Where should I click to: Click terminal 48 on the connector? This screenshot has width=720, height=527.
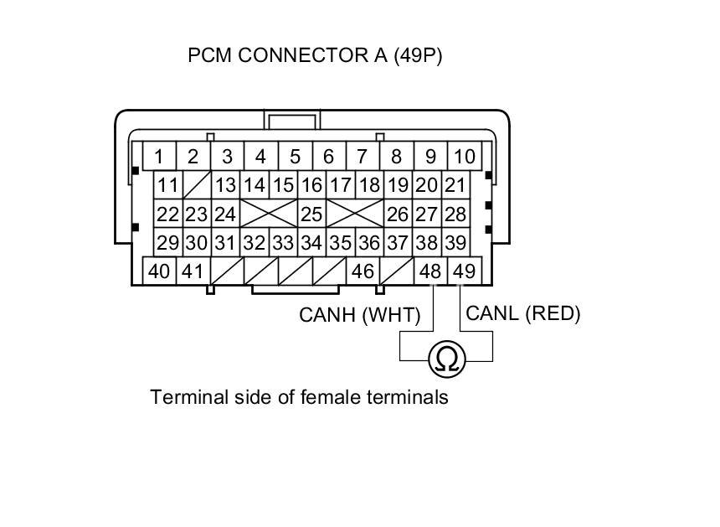(430, 271)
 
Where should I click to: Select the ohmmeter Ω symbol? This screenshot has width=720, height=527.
(447, 359)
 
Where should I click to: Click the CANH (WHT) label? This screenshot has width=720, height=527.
(360, 316)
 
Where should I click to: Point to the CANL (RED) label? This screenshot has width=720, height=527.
(523, 313)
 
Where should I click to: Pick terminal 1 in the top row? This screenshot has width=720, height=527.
(158, 157)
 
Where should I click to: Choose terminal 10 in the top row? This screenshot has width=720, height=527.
(464, 157)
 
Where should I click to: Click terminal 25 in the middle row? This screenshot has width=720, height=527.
(311, 214)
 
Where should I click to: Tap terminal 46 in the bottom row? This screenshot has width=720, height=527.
(363, 271)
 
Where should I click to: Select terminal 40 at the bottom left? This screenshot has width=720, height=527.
(159, 271)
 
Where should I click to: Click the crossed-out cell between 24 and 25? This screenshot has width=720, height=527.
(269, 214)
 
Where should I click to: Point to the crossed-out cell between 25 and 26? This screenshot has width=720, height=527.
(354, 214)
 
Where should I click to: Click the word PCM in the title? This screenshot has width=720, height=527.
(208, 56)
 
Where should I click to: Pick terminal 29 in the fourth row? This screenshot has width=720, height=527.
(168, 243)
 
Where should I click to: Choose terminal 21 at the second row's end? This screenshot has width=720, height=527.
(455, 185)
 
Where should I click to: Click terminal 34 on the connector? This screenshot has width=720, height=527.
(311, 243)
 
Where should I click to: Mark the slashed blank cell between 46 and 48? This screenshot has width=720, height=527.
(397, 271)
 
